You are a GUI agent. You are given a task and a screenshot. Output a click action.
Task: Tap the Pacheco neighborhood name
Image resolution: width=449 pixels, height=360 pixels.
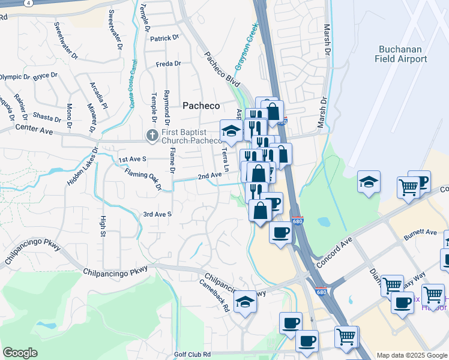(x=201, y=106)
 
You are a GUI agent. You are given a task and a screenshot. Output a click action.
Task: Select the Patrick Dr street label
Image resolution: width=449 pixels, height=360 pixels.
(x=164, y=38)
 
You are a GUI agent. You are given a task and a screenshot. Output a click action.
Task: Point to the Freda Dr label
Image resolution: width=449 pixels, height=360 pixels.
(x=168, y=64)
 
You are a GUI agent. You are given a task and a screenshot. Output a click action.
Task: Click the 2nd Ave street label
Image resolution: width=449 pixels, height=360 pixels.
(x=210, y=176)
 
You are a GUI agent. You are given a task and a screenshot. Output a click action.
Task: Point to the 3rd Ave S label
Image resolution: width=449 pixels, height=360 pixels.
(x=157, y=214)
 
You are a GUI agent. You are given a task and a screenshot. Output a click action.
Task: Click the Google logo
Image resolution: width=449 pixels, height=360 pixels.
(x=20, y=353)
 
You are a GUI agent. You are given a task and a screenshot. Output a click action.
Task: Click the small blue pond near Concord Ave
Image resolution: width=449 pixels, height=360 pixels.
(x=324, y=221)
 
